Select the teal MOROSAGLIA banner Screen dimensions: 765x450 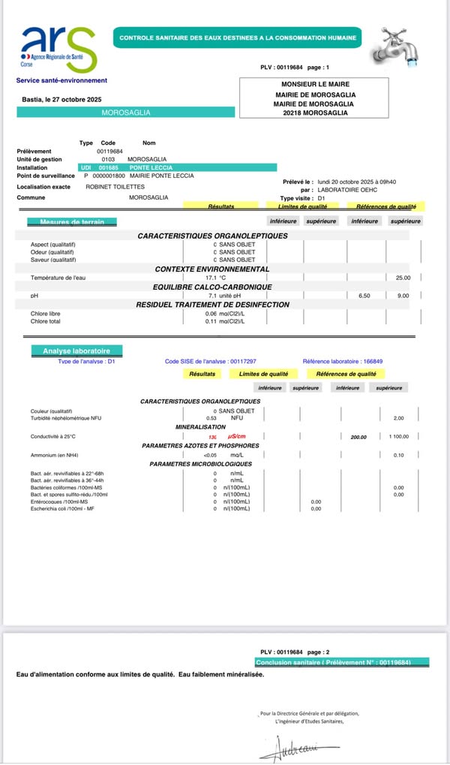(x=125, y=113)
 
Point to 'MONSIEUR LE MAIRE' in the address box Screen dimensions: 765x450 (x=315, y=84)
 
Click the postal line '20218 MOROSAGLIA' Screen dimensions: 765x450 (x=315, y=112)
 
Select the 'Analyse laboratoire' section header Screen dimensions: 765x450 (x=76, y=351)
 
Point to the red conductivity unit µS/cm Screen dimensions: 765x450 (x=237, y=436)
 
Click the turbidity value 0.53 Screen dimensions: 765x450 (x=211, y=417)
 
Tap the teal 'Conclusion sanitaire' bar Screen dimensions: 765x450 (x=342, y=662)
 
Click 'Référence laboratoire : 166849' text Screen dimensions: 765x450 (x=342, y=361)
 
